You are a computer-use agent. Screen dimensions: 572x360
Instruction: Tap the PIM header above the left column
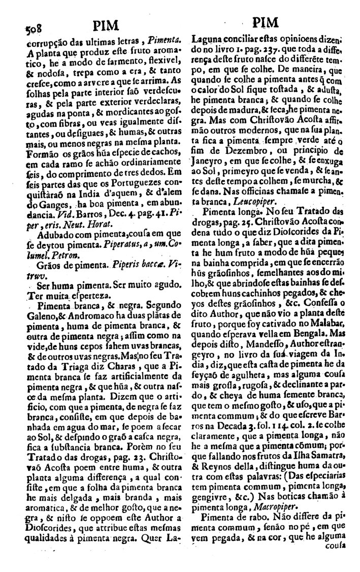coord(107,24)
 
